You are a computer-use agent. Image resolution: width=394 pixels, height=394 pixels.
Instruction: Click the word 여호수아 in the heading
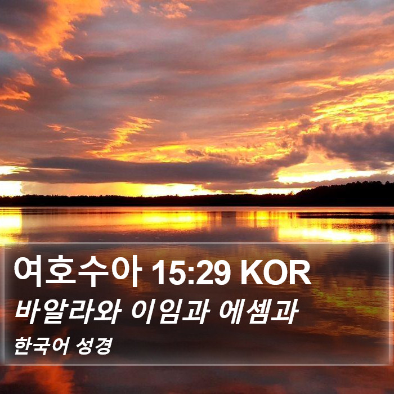77,271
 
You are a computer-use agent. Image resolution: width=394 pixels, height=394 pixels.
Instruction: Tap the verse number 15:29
191,272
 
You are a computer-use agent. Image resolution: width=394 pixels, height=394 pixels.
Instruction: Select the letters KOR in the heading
276,272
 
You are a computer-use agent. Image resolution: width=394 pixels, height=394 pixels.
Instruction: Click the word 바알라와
68,312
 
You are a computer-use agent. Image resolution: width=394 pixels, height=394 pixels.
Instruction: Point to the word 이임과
171,312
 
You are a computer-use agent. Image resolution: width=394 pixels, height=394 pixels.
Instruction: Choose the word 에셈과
259,312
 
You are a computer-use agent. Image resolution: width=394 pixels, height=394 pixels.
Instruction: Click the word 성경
94,346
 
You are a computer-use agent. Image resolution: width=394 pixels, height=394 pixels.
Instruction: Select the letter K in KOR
251,272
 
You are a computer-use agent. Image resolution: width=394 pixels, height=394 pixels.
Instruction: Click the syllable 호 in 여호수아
60,270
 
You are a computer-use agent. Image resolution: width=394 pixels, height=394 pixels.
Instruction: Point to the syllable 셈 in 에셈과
258,312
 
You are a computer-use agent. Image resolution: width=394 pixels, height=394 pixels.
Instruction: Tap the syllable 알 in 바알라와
55,312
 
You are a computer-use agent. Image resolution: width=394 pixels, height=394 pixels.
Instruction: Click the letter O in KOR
276,272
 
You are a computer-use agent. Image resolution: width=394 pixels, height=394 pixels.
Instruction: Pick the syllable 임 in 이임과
171,312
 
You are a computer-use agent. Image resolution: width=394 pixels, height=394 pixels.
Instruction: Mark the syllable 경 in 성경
104,346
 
